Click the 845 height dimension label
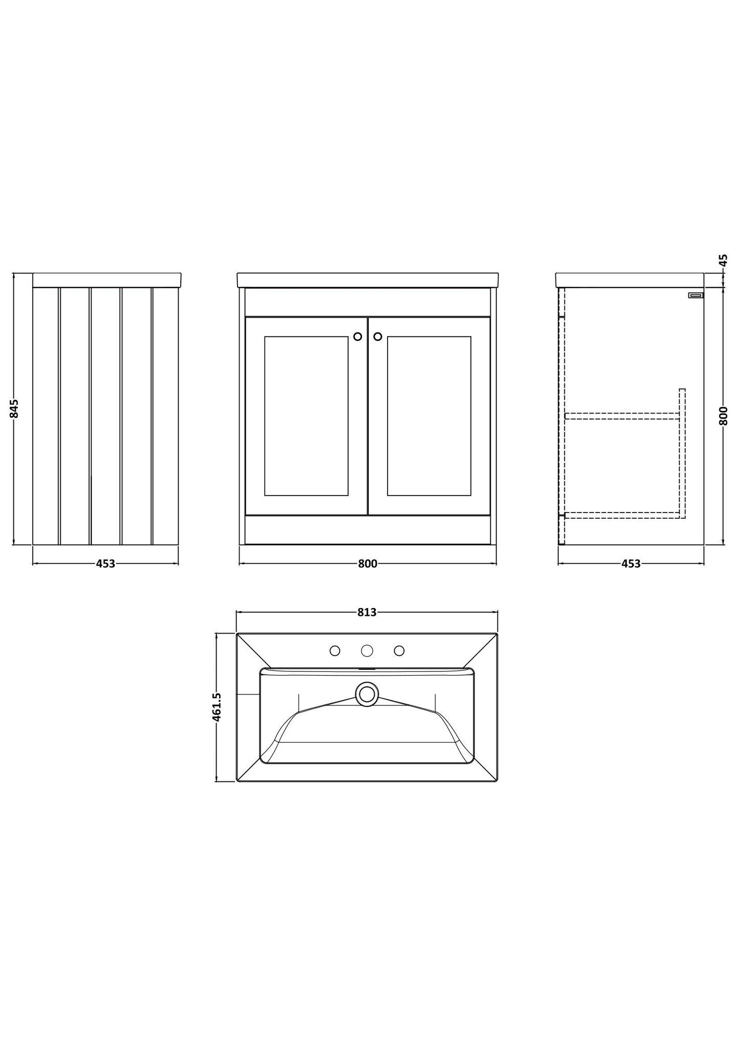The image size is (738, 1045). (x=14, y=409)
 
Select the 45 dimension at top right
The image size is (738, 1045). (x=723, y=260)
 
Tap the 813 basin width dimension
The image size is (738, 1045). (x=367, y=612)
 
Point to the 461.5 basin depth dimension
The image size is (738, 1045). (x=217, y=707)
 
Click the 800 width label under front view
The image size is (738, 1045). (x=367, y=564)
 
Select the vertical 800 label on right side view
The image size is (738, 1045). (x=723, y=416)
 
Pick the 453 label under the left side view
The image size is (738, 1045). (x=106, y=564)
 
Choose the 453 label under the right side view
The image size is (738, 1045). (x=631, y=564)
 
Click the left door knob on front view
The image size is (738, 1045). (x=358, y=336)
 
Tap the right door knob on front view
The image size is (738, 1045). (x=377, y=336)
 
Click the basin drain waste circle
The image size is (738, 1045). (x=367, y=694)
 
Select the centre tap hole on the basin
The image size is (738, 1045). (x=367, y=651)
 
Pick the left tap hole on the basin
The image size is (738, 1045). (x=335, y=651)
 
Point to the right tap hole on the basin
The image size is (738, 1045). (x=399, y=651)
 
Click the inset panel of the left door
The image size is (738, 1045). (x=306, y=416)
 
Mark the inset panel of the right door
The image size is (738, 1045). (x=429, y=416)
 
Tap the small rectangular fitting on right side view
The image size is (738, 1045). (x=696, y=295)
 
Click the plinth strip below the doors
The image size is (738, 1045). (x=368, y=529)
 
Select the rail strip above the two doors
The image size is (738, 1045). (x=368, y=302)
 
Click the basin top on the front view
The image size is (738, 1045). (x=368, y=280)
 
